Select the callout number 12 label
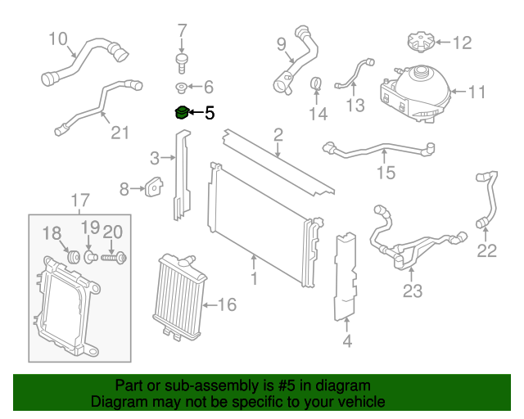click(x=463, y=42)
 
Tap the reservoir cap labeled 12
click(x=418, y=41)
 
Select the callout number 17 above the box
click(x=79, y=200)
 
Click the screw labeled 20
click(x=114, y=259)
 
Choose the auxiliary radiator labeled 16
click(x=178, y=296)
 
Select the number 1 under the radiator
click(x=254, y=280)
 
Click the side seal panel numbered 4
click(x=348, y=274)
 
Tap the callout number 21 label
click(x=120, y=132)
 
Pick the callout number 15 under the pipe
click(x=386, y=173)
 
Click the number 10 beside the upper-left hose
click(x=58, y=38)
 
